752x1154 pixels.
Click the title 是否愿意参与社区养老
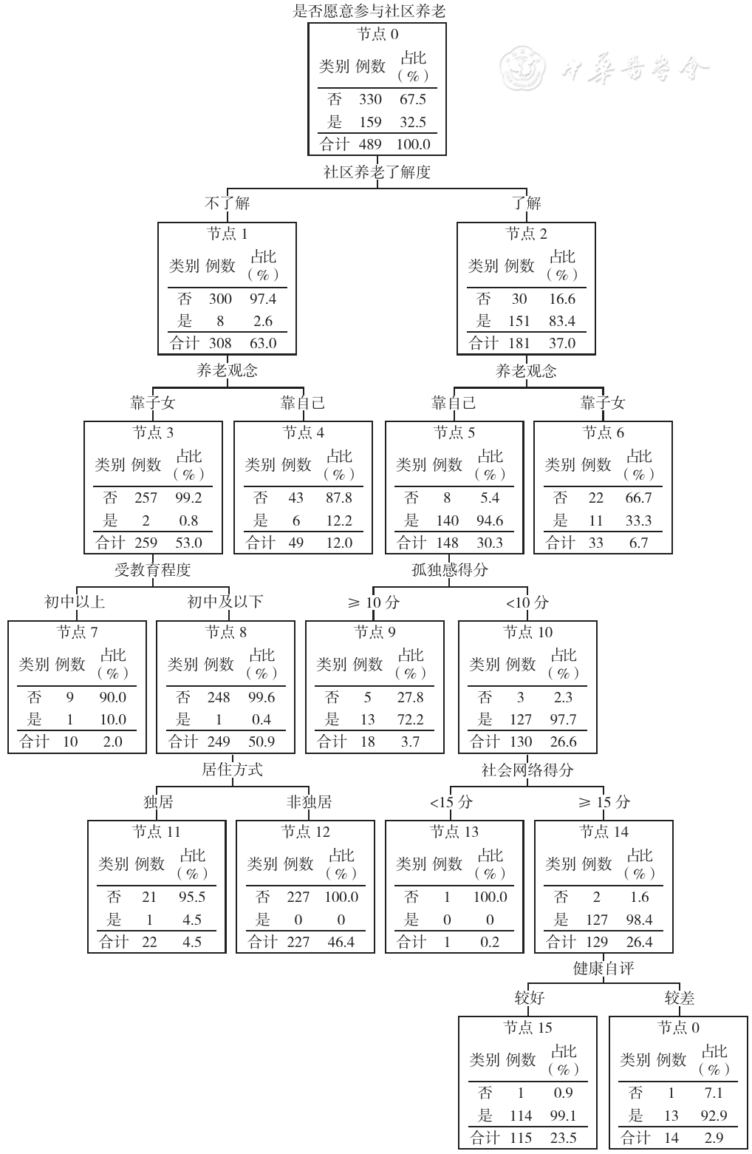tap(369, 11)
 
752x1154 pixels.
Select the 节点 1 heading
tap(227, 234)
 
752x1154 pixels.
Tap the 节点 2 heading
tap(526, 234)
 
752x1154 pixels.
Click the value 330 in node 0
tap(370, 99)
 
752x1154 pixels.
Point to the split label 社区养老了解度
tap(377, 172)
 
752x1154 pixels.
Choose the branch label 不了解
tap(227, 203)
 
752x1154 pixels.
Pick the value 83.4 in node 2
tap(562, 321)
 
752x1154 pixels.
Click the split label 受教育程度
tap(152, 570)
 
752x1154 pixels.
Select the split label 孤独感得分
tap(450, 570)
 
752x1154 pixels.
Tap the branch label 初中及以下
tap(225, 601)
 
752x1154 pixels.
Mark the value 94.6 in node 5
tap(490, 520)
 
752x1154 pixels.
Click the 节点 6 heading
tap(603, 432)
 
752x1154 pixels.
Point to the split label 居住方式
tap(232, 769)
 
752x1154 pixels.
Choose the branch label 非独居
tap(309, 801)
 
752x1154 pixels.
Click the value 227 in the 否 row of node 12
tap(298, 897)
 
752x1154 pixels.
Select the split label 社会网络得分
tap(527, 770)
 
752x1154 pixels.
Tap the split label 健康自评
tap(604, 968)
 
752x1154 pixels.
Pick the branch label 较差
tap(679, 998)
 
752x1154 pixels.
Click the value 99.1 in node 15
tap(563, 1116)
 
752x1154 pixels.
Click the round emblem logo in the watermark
tap(523, 67)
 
